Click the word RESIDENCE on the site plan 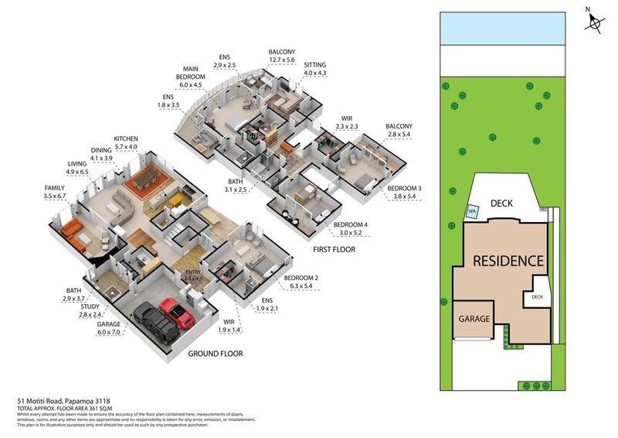click(508, 261)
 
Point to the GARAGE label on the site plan click(474, 318)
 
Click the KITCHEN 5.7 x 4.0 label click(125, 141)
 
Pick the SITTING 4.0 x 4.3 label click(315, 68)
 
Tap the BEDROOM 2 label click(299, 282)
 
